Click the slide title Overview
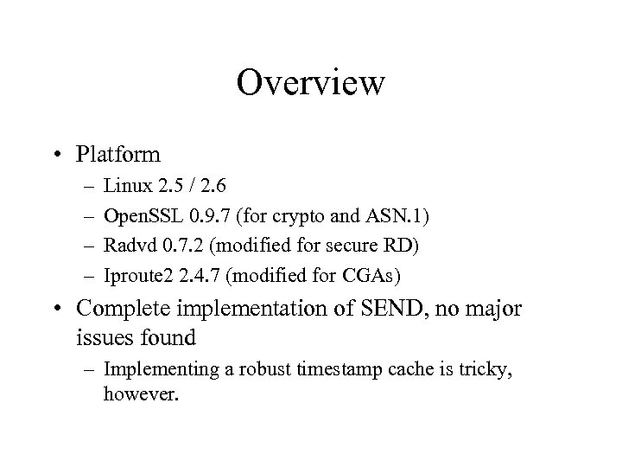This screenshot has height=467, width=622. point(310,84)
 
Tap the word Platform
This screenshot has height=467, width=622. point(117,155)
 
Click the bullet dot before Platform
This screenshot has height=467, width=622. point(66,156)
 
